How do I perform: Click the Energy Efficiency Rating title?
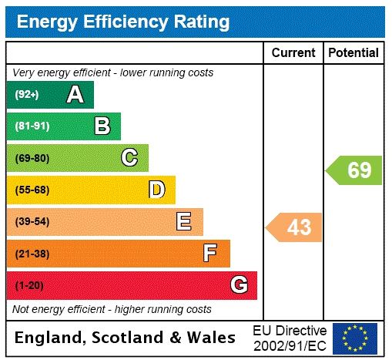pyautogui.click(x=123, y=22)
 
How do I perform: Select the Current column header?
pyautogui.click(x=293, y=53)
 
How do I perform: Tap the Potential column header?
pyautogui.click(x=353, y=53)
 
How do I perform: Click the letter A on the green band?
pyautogui.click(x=75, y=95)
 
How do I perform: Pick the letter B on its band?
pyautogui.click(x=102, y=126)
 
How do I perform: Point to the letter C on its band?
pyautogui.click(x=129, y=158)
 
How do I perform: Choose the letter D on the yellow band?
pyautogui.click(x=156, y=190)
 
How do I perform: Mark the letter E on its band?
pyautogui.click(x=183, y=222)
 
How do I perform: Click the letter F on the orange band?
pyautogui.click(x=210, y=254)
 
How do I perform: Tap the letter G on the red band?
pyautogui.click(x=239, y=285)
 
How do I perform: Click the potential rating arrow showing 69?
pyautogui.click(x=355, y=170)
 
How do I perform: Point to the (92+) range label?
pyautogui.click(x=27, y=95)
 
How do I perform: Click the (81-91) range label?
pyautogui.click(x=32, y=126)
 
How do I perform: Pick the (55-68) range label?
pyautogui.click(x=32, y=190)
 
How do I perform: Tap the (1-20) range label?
pyautogui.click(x=29, y=285)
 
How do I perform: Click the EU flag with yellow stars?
pyautogui.click(x=355, y=338)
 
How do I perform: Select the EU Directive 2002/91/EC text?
pyautogui.click(x=290, y=338)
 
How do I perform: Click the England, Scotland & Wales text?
pyautogui.click(x=126, y=338)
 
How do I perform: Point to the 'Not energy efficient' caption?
pyautogui.click(x=112, y=309)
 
